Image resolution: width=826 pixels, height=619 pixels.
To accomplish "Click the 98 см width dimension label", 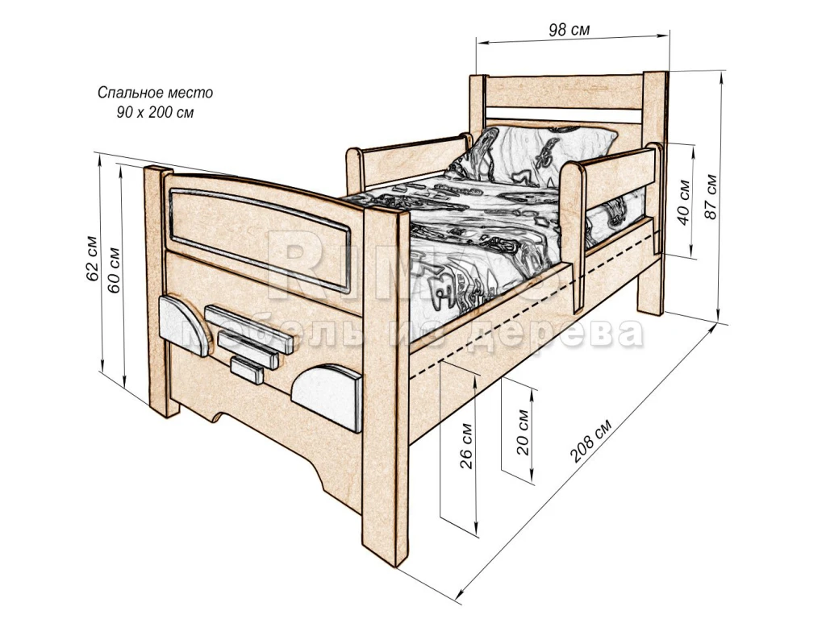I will pyautogui.click(x=569, y=31).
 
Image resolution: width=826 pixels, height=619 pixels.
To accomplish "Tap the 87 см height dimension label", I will pyautogui.click(x=711, y=196).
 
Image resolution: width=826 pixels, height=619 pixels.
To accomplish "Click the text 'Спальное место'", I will pyautogui.click(x=156, y=93).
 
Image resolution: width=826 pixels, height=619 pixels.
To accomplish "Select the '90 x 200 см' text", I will pyautogui.click(x=156, y=112).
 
